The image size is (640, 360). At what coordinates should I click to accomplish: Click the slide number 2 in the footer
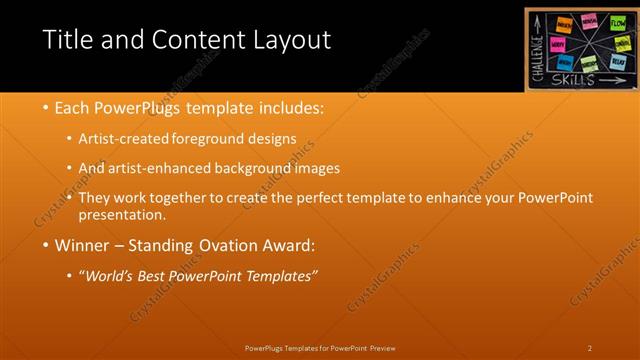click(x=590, y=347)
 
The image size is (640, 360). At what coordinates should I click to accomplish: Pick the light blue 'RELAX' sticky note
click(x=617, y=60)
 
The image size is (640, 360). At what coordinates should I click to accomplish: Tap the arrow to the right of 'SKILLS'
click(x=614, y=81)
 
